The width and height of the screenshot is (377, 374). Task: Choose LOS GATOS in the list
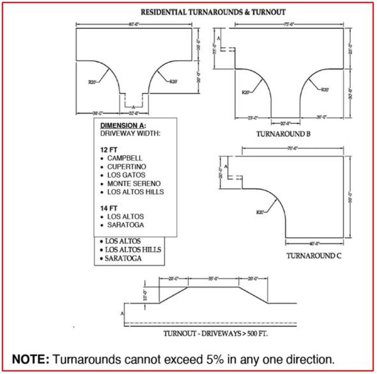(126, 175)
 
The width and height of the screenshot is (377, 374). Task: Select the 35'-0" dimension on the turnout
(213, 278)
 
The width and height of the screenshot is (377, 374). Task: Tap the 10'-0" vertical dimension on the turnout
(145, 295)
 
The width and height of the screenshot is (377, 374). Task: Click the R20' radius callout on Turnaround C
(260, 212)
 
